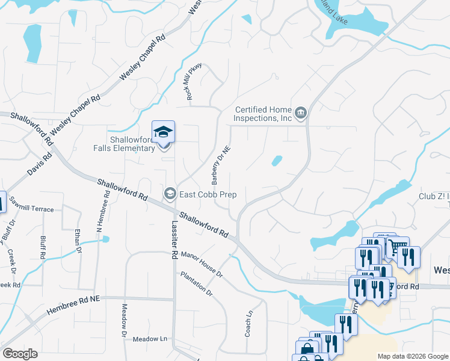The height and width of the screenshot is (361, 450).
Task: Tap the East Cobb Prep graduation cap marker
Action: pyautogui.click(x=170, y=194)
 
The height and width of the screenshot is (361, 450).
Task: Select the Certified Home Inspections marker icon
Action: pyautogui.click(x=300, y=113)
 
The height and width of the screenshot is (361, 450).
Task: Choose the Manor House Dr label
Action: pyautogui.click(x=202, y=265)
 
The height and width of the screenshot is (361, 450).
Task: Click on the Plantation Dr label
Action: pyautogui.click(x=196, y=283)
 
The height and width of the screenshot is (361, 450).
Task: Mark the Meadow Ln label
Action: pyautogui.click(x=150, y=339)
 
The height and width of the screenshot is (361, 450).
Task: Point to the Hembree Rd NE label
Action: pyautogui.click(x=74, y=304)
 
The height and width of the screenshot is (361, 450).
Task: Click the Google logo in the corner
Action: pyautogui.click(x=20, y=353)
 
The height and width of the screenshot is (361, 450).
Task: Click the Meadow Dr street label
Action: pyautogui.click(x=125, y=319)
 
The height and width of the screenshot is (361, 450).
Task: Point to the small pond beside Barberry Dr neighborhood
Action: pyautogui.click(x=276, y=161)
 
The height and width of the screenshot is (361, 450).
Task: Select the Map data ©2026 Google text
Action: pyautogui.click(x=412, y=356)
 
